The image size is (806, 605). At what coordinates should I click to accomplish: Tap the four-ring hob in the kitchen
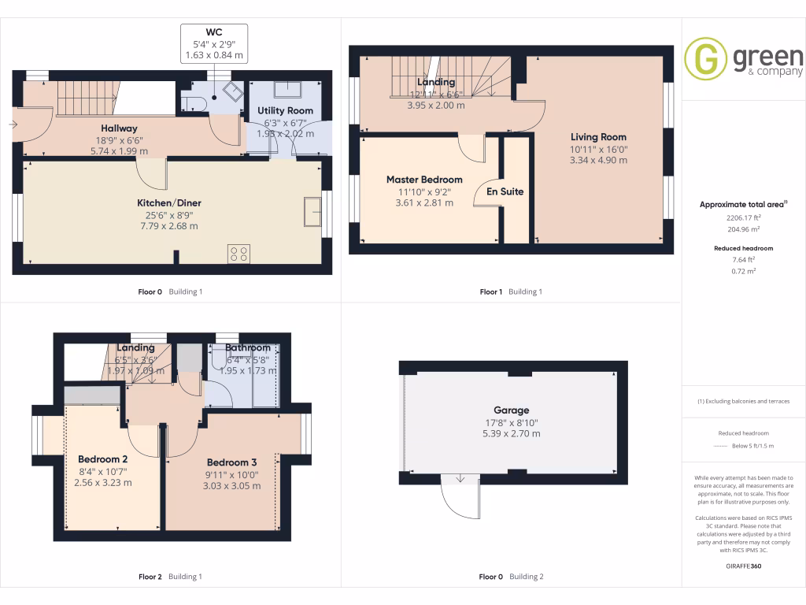pos(238,253)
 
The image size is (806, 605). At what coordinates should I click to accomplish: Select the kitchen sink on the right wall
pos(312,212)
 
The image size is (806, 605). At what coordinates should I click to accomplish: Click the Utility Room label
pos(285,111)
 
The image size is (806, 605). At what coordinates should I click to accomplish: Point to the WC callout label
pos(214,31)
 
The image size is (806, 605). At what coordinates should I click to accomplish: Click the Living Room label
pos(598,137)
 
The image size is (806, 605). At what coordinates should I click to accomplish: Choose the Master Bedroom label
pos(423,180)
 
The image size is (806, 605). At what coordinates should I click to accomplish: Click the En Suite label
pos(505,191)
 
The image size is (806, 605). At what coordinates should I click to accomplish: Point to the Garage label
pos(511,410)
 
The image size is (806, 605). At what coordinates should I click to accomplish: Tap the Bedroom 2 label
pos(102,458)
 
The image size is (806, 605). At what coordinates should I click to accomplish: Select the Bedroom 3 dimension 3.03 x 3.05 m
pos(231,485)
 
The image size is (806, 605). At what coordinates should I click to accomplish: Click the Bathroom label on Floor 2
pos(248,347)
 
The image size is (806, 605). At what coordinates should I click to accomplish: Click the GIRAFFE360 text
pos(744,566)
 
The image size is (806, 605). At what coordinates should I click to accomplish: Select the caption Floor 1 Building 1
pos(511,291)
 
